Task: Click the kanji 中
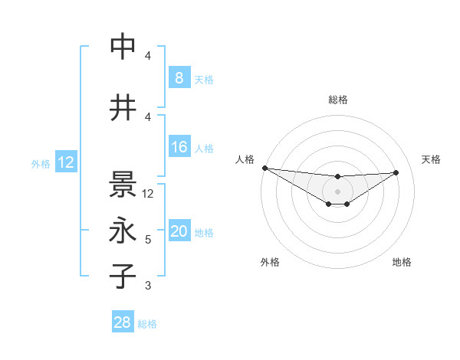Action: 123,47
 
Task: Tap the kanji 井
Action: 123,108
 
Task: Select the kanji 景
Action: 123,184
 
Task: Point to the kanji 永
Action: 123,231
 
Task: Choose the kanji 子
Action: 123,277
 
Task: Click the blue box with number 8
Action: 179,77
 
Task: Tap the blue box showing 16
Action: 179,147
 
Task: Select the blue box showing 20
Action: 179,232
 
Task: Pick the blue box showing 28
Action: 123,323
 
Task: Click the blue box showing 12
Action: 65,162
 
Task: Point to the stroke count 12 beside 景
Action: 149,194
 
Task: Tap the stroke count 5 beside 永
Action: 148,240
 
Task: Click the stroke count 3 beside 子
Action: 148,286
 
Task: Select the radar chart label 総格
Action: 337,100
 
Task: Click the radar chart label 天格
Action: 431,159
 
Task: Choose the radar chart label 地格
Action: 402,262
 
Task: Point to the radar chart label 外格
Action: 270,262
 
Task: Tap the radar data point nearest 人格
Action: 264,168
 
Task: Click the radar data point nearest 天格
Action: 396,172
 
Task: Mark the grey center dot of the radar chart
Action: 337,191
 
